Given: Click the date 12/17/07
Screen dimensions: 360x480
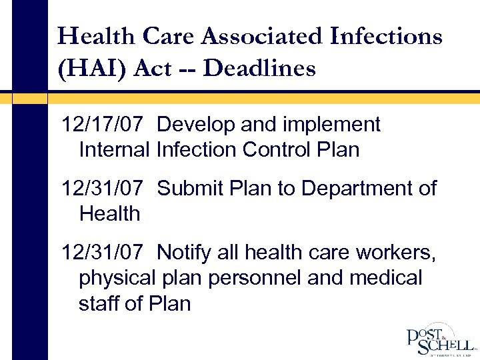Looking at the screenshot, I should (x=102, y=125).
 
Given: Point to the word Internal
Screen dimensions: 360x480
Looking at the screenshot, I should (x=114, y=150).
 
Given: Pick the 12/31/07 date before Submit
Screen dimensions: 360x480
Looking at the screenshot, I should (x=102, y=189).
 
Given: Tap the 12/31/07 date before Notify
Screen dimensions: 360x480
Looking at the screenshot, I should (x=102, y=253).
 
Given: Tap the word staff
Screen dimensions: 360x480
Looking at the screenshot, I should (x=98, y=303).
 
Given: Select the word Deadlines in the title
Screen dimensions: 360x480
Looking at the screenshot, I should (x=260, y=67).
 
